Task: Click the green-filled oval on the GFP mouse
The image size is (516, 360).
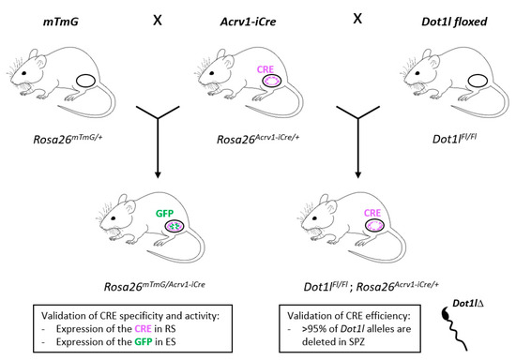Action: click(x=175, y=226)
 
